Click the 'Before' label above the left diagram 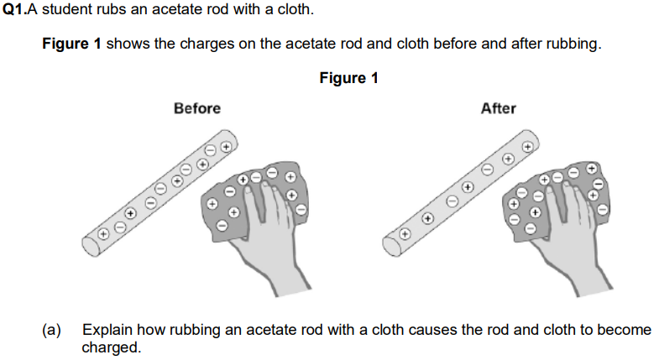pos(197,108)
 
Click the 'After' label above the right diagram pos(498,108)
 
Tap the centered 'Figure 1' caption pos(349,78)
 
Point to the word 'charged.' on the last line pos(112,347)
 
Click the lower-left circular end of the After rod pos(390,244)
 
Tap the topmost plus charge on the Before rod pos(224,146)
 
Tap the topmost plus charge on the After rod pos(527,145)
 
